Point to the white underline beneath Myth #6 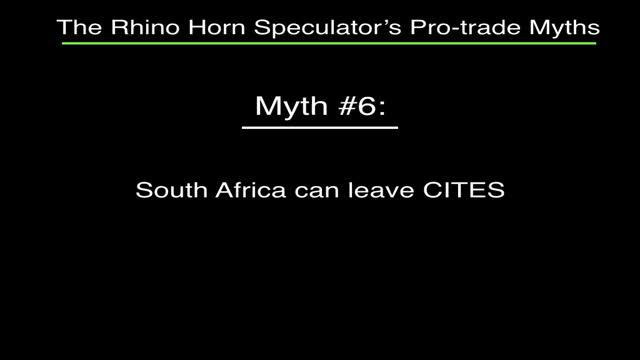point(320,127)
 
